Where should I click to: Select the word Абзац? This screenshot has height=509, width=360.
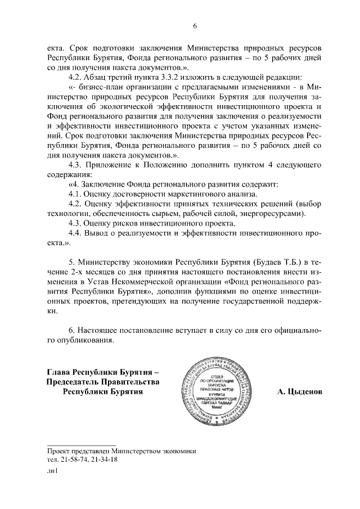coord(101,77)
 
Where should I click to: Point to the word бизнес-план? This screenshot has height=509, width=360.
coord(98,87)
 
